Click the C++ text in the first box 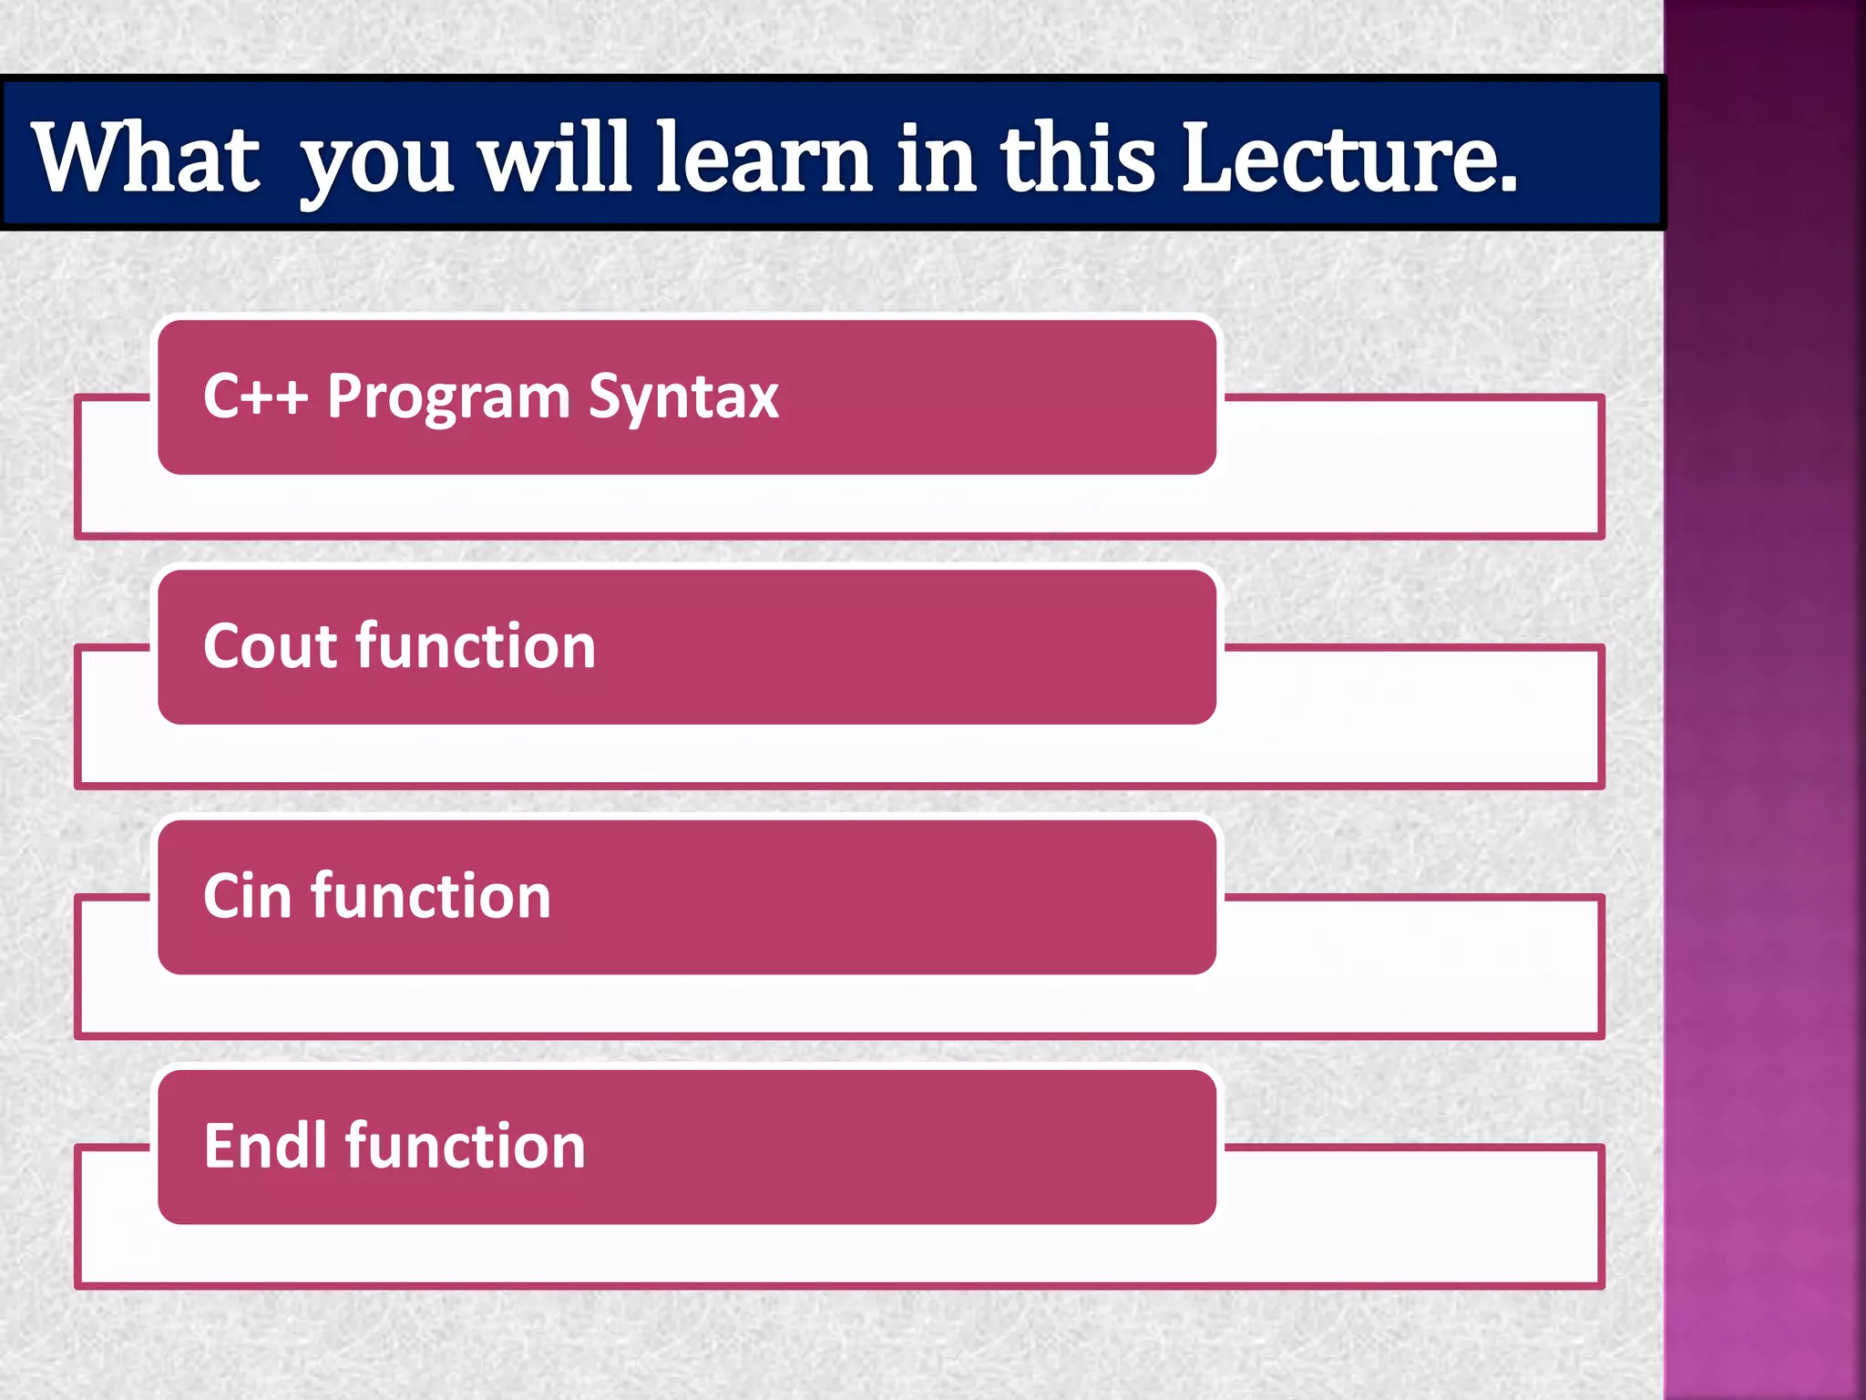(x=255, y=396)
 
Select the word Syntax (x=683, y=398)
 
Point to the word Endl (x=265, y=1146)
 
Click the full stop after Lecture (x=1508, y=187)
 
